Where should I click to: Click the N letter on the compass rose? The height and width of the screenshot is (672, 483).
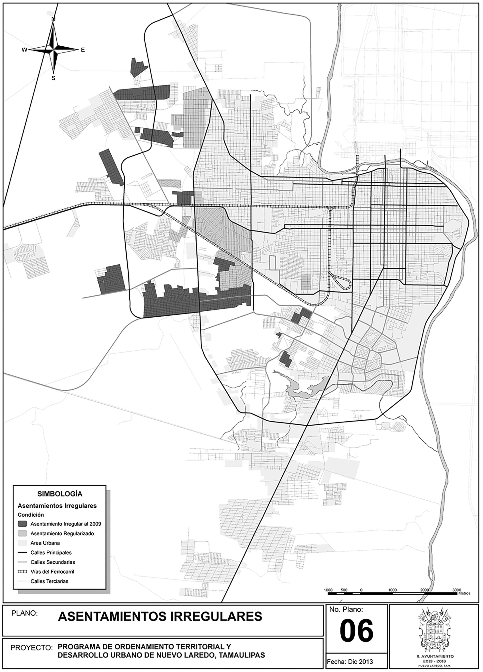(x=54, y=19)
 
